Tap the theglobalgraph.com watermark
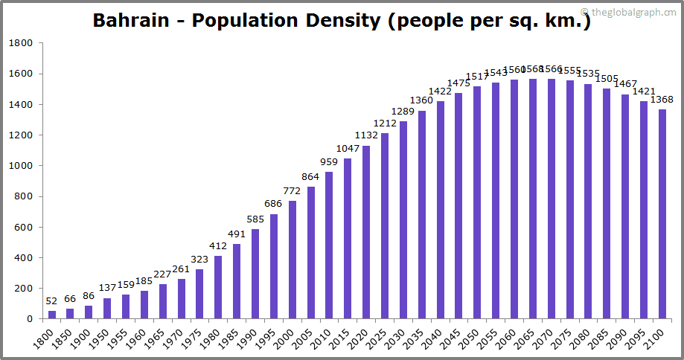629,12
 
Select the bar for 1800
52,315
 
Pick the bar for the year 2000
293,260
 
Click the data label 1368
662,100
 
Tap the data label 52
51,300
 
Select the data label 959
329,162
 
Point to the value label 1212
385,123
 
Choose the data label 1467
625,84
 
